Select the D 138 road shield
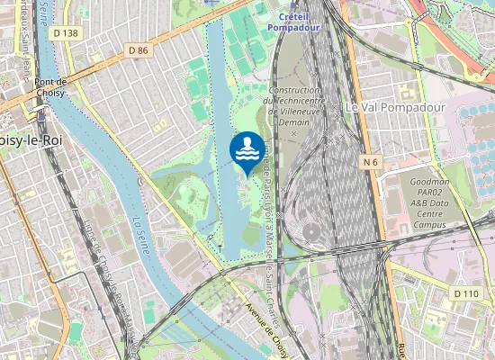click(66, 33)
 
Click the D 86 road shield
click(138, 50)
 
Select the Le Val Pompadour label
click(383, 107)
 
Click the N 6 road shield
click(372, 162)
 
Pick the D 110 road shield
click(465, 293)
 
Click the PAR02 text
click(427, 192)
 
